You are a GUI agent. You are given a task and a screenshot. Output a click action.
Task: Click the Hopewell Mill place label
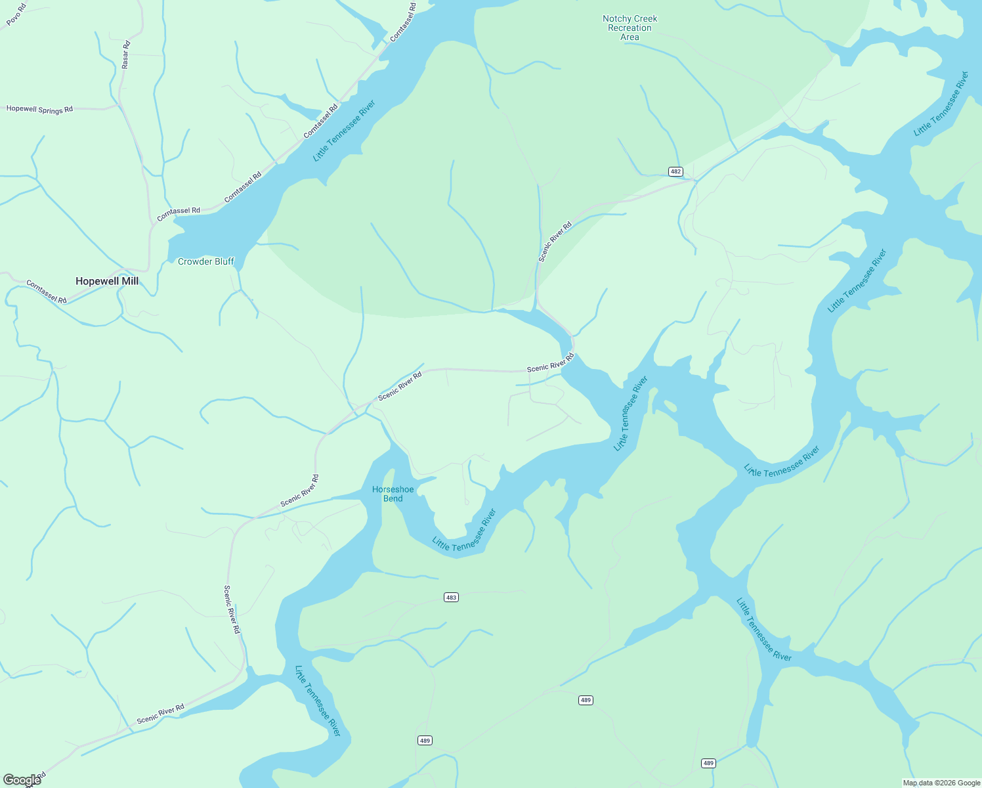click(x=107, y=281)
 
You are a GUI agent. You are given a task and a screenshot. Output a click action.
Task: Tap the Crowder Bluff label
click(x=205, y=261)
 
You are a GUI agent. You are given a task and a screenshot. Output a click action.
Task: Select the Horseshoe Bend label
click(x=393, y=494)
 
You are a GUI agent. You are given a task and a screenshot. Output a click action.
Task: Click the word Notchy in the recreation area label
click(x=616, y=19)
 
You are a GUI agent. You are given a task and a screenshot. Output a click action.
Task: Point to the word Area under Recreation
click(x=630, y=37)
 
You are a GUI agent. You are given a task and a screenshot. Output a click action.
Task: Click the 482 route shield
click(x=675, y=171)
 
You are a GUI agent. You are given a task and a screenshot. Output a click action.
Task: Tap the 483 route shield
click(x=451, y=598)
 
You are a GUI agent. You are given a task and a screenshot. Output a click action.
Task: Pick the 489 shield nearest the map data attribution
click(x=708, y=763)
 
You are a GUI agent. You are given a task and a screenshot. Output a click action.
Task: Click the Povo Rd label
click(x=16, y=14)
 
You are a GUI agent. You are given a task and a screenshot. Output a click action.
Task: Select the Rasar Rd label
click(x=125, y=55)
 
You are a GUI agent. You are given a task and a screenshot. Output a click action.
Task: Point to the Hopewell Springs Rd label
click(x=39, y=109)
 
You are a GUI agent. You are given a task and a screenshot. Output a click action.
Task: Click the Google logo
click(x=21, y=780)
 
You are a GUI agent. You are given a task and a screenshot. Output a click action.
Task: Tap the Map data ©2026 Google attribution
click(x=941, y=783)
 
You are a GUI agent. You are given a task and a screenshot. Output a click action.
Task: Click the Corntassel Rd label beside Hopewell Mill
click(x=46, y=291)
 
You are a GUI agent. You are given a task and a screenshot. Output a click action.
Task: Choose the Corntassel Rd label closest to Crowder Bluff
click(x=179, y=213)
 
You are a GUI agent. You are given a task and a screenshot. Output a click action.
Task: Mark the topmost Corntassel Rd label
click(x=403, y=23)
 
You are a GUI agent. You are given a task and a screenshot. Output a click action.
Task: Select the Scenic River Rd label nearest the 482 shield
click(x=555, y=242)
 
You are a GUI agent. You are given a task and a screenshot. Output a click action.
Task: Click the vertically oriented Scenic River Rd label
click(x=232, y=609)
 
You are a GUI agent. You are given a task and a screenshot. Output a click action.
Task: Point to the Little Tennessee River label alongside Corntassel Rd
click(x=344, y=131)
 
